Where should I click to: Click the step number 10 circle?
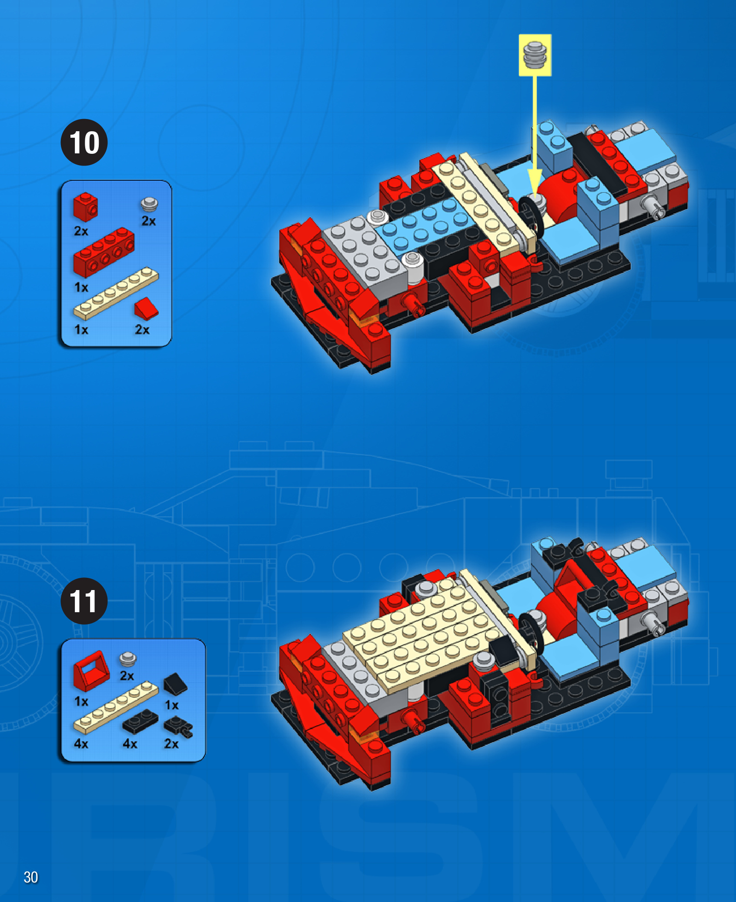click(84, 142)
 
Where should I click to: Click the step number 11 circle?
click(84, 601)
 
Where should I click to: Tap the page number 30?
click(31, 877)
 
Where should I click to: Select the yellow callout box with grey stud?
click(535, 55)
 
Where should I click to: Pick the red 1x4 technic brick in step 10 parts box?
click(104, 252)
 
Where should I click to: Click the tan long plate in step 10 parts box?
click(116, 293)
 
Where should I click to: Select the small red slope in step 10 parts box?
click(146, 308)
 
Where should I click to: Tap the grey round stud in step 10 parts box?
click(149, 204)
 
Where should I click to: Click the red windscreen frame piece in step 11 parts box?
click(91, 670)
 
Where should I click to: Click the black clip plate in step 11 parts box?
click(178, 726)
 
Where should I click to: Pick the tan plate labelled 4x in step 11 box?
click(116, 707)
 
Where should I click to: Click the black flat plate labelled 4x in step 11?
click(140, 721)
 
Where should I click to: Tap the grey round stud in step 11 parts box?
click(128, 659)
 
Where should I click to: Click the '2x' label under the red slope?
click(142, 330)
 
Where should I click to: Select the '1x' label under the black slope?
click(172, 705)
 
